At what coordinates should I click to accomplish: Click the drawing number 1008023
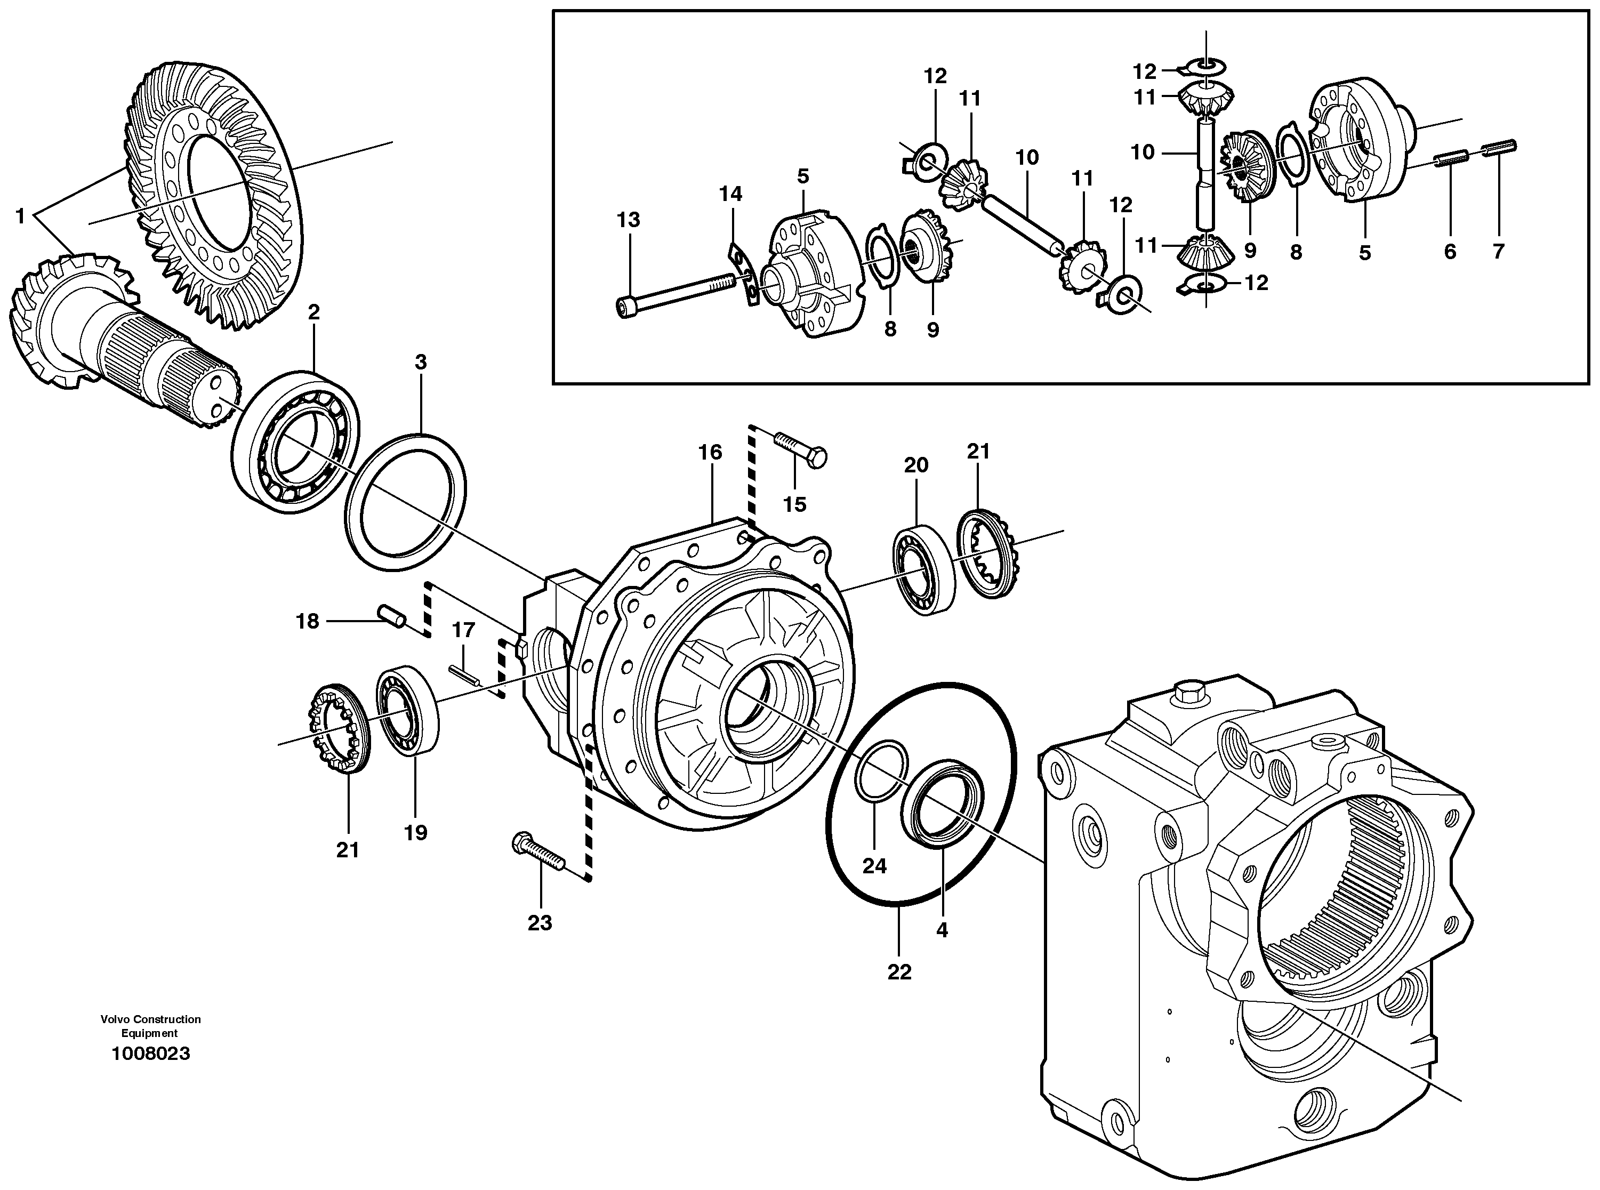pos(150,1054)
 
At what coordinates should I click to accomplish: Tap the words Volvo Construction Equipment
pos(150,1026)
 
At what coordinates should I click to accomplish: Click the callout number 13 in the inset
pos(628,220)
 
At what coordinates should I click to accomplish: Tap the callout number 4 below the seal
pos(942,930)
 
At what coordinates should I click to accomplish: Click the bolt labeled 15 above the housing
pos(800,449)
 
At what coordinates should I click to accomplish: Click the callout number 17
pos(463,630)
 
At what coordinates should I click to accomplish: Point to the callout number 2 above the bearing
pos(313,312)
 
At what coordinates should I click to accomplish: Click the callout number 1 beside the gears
pos(20,215)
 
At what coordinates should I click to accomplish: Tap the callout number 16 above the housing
pos(710,452)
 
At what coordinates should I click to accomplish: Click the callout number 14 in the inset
pos(730,194)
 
